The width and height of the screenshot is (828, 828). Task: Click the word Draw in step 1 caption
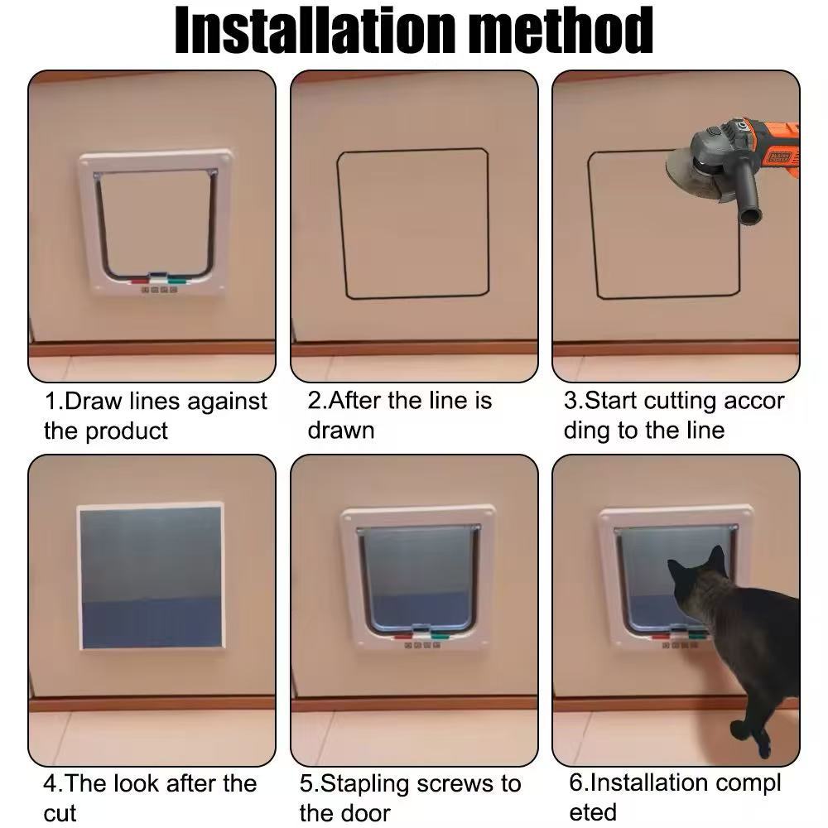[x=93, y=402]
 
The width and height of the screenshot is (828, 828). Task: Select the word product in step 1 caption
[x=127, y=431]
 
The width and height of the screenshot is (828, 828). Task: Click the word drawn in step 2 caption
[x=341, y=431]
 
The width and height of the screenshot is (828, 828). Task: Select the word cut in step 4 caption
[x=60, y=814]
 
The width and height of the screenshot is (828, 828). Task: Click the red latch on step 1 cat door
[x=140, y=282]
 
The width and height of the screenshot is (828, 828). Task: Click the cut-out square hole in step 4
[x=152, y=576]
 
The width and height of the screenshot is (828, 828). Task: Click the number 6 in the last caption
[x=575, y=783]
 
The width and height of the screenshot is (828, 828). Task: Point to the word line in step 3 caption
[x=705, y=431]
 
